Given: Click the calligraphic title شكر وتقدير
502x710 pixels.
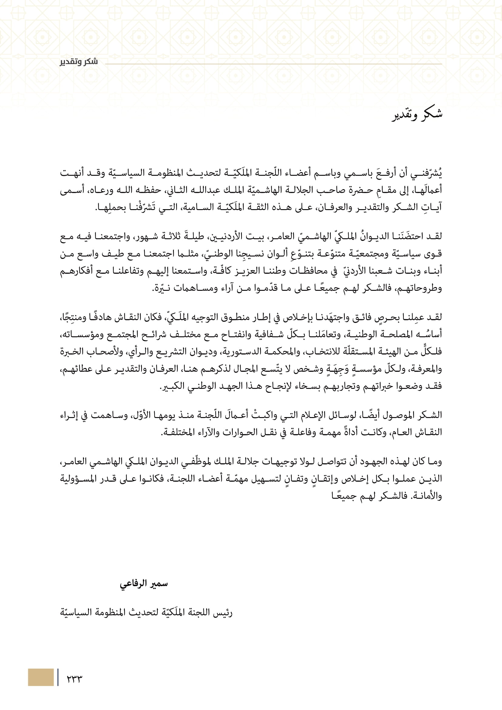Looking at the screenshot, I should (x=417, y=115).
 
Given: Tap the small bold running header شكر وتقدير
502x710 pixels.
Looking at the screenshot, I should (x=79, y=62).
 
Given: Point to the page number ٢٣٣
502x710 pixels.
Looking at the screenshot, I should (x=74, y=678).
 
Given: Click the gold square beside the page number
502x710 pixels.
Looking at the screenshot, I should (x=41, y=677).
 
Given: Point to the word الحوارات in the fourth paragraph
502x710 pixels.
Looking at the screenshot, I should (x=236, y=432).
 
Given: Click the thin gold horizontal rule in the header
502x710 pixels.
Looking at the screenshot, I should (x=273, y=64).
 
